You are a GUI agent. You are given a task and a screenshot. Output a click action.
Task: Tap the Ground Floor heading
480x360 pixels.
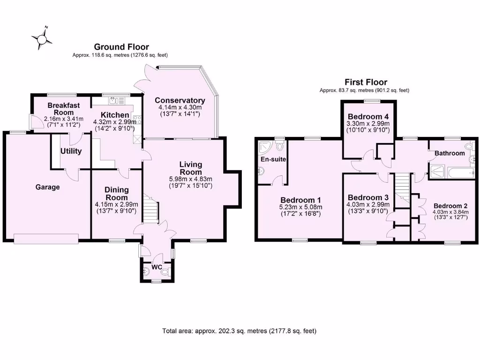[121, 47]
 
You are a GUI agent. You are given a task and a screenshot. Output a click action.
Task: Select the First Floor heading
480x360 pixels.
[366, 82]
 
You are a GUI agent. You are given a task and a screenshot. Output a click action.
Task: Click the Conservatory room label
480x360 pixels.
[180, 100]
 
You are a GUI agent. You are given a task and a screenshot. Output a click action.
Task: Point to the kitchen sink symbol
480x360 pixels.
[113, 100]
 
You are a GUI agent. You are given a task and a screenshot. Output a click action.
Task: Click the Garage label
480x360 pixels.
[48, 187]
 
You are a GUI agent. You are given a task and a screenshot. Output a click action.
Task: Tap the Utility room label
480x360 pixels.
[71, 151]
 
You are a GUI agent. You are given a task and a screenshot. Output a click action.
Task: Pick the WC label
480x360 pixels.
[157, 267]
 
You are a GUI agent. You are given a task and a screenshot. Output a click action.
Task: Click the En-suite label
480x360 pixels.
[273, 159]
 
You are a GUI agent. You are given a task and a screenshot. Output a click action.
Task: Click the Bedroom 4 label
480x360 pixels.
[368, 117]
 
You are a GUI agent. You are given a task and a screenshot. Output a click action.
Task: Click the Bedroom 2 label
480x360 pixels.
[450, 206]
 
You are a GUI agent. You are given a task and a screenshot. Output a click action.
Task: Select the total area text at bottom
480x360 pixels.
[240, 331]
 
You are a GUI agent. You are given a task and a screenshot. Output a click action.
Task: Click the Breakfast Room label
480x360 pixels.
[60, 109]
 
